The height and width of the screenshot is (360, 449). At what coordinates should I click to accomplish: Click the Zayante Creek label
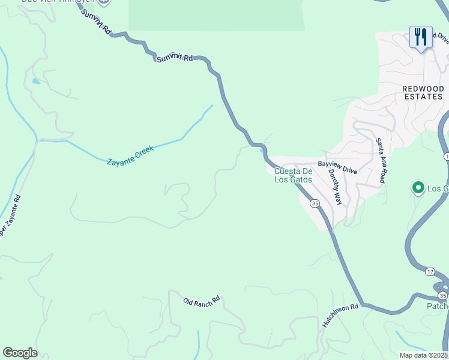[x=130, y=155]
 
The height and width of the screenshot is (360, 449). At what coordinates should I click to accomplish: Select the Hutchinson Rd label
[x=340, y=314]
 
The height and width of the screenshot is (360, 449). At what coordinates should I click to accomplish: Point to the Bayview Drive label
[x=337, y=167]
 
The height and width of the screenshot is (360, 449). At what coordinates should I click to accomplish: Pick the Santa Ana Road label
[x=379, y=161]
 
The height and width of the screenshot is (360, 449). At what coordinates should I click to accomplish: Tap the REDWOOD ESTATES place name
[x=423, y=92]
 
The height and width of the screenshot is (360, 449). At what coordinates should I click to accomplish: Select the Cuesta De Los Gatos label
[x=294, y=175]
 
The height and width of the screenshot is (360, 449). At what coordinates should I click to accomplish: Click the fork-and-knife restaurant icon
[x=421, y=37]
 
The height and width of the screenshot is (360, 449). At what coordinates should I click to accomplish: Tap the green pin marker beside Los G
[x=418, y=188]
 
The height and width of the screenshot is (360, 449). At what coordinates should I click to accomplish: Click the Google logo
[x=20, y=353]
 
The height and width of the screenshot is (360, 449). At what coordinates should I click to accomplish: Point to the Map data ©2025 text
[x=424, y=355]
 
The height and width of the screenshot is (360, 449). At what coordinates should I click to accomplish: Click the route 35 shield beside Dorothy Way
[x=315, y=203]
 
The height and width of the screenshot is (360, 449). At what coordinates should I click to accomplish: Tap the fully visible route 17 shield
[x=430, y=272]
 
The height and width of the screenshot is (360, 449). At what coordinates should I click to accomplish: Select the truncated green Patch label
[x=438, y=306]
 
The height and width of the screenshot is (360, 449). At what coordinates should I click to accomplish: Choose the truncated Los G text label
[x=438, y=188]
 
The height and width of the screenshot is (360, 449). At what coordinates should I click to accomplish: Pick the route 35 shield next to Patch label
[x=442, y=296]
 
